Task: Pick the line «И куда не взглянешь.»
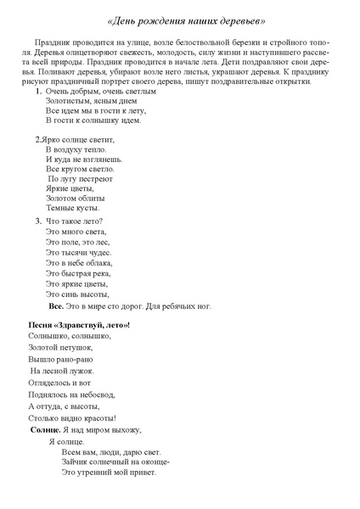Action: tap(83, 159)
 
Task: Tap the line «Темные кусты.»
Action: tap(72, 207)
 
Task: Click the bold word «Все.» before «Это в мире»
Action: tap(56, 305)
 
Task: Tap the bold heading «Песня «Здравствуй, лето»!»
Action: tap(79, 325)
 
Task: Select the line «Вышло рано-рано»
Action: tap(60, 359)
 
